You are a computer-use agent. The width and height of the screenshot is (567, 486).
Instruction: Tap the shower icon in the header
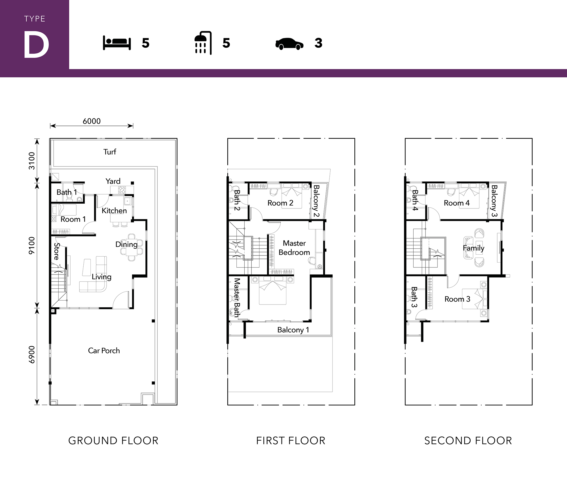(x=203, y=43)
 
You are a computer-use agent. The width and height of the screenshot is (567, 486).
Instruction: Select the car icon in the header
(x=289, y=44)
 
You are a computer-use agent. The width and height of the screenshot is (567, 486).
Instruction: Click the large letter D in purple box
(x=36, y=44)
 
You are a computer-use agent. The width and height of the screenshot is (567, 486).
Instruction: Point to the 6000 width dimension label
(x=92, y=121)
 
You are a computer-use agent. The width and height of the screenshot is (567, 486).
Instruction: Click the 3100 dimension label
(x=32, y=161)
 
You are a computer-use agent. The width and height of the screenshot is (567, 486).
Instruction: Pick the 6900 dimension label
(x=32, y=354)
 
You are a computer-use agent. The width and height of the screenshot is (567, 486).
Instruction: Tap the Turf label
(x=110, y=152)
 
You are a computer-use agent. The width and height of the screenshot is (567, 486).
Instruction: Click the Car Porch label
(x=104, y=350)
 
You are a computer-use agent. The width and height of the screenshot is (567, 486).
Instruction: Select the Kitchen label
(x=114, y=211)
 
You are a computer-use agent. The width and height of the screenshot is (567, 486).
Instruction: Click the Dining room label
(x=126, y=244)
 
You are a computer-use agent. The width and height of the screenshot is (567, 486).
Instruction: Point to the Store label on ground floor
(x=57, y=251)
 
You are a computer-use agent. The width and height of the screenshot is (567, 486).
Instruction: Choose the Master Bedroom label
(x=294, y=248)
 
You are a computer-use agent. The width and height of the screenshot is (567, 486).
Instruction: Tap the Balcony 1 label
(x=293, y=330)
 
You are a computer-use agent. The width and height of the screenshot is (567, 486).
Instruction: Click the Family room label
(x=473, y=248)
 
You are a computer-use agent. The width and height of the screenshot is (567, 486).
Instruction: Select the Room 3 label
(x=457, y=299)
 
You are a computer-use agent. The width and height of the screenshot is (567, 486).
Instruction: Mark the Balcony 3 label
(x=494, y=201)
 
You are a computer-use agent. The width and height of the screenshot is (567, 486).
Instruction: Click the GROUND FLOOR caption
(x=113, y=441)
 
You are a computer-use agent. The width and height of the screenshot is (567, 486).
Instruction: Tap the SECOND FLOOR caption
(x=468, y=441)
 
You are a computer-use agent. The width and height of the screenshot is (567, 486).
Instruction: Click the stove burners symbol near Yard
(x=122, y=190)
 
